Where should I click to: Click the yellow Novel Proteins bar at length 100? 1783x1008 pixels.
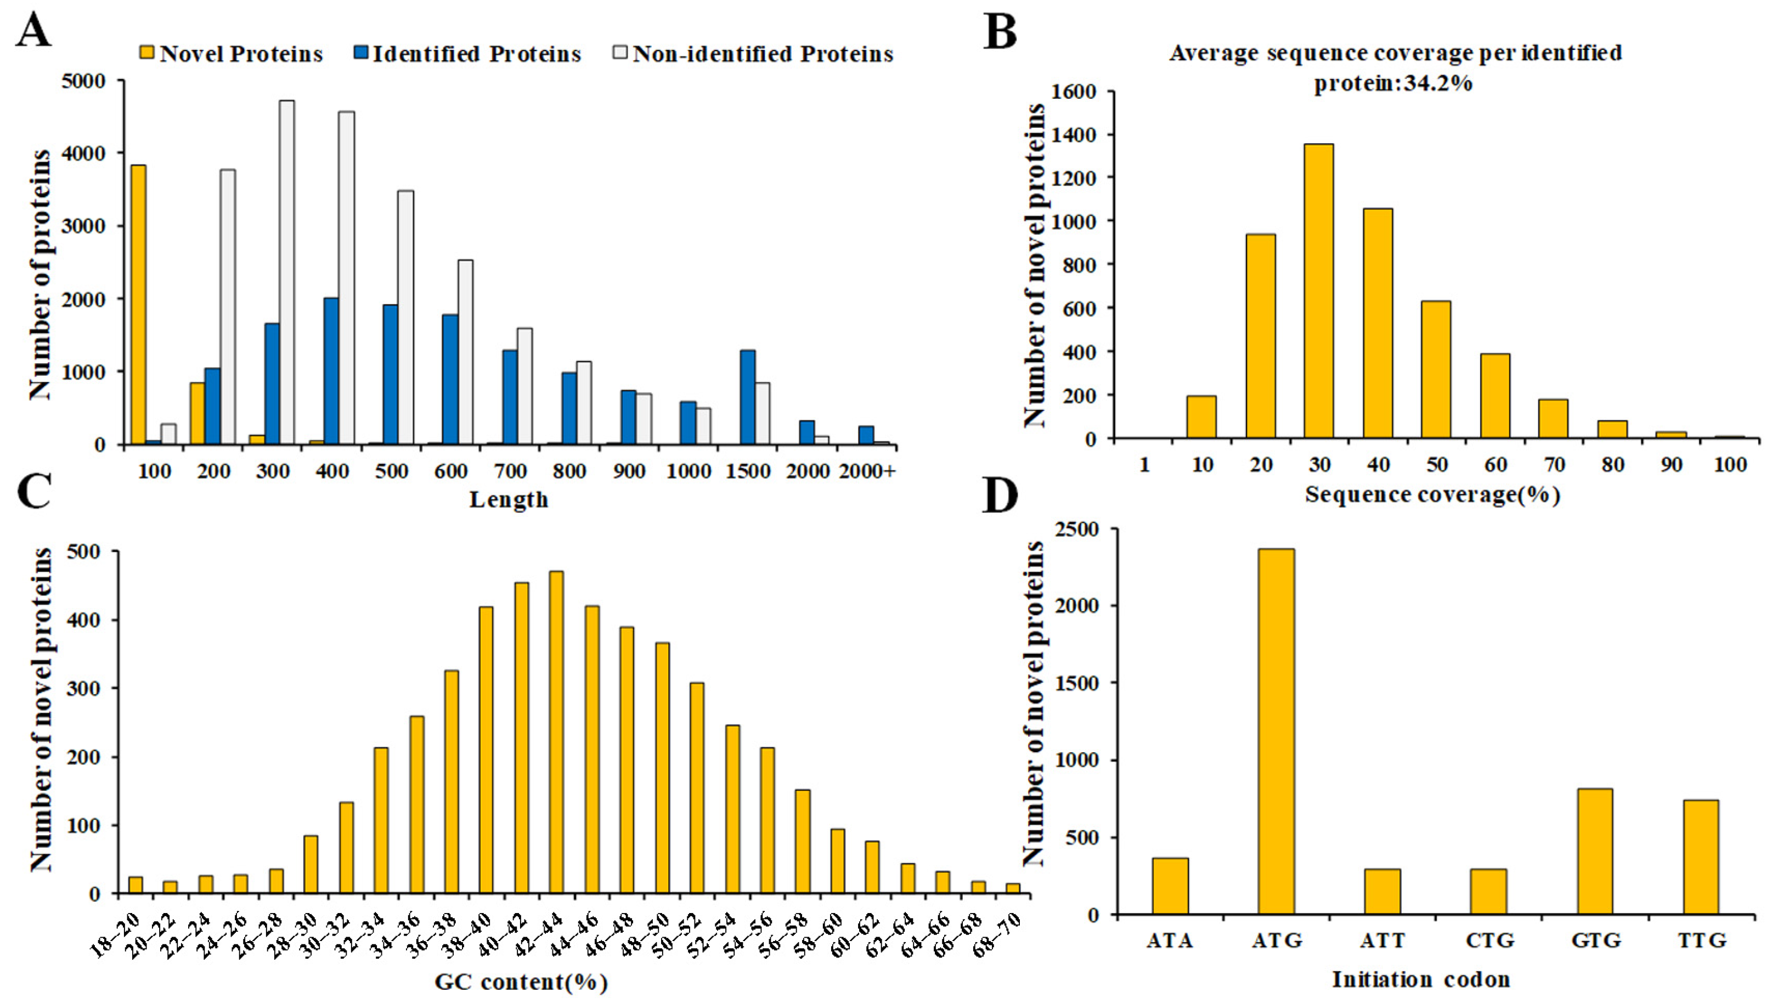pyautogui.click(x=138, y=305)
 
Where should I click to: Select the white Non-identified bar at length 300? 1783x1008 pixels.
pyautogui.click(x=286, y=272)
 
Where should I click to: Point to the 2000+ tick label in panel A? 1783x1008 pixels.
pyautogui.click(x=867, y=471)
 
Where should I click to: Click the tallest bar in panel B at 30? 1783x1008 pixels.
pyautogui.click(x=1318, y=291)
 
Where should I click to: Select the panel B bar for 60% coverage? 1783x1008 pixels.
pyautogui.click(x=1495, y=396)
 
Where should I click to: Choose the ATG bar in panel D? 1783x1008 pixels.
pyautogui.click(x=1276, y=732)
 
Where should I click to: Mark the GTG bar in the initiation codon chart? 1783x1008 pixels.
pyautogui.click(x=1595, y=852)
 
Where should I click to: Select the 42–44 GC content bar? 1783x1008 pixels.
pyautogui.click(x=556, y=733)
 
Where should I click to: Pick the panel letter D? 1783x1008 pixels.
pyautogui.click(x=1000, y=497)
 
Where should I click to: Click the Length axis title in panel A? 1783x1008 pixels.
pyautogui.click(x=509, y=499)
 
